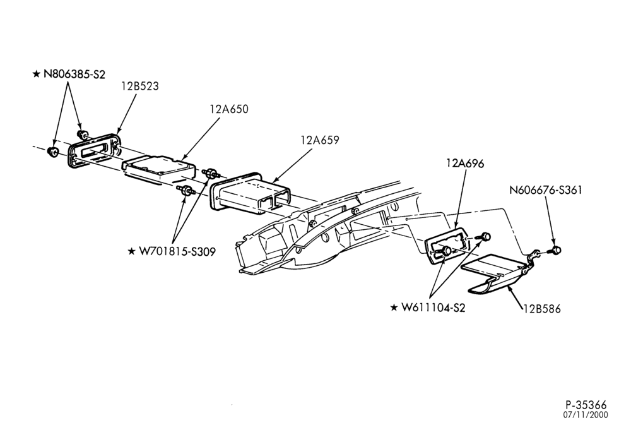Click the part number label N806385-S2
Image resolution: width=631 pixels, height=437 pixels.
(74, 74)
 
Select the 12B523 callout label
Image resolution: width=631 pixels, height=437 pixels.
(140, 86)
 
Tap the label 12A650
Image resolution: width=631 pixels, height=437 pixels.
(229, 109)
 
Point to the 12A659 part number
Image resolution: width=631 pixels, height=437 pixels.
(320, 140)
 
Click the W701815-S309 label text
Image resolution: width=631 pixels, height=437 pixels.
(177, 252)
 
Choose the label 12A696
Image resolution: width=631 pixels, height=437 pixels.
(465, 164)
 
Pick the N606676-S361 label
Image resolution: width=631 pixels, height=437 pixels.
(546, 190)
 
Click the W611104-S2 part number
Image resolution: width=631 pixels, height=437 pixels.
(433, 308)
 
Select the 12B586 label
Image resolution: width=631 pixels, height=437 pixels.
(542, 309)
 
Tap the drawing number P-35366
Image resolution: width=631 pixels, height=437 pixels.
(586, 405)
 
